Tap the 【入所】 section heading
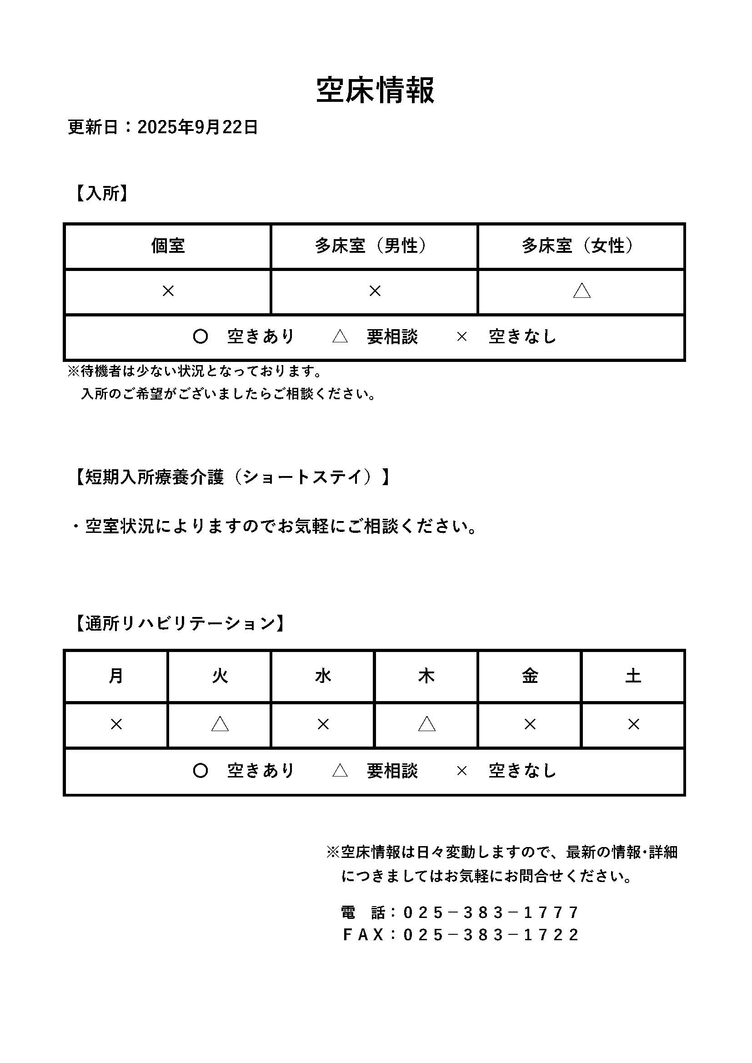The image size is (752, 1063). click(101, 193)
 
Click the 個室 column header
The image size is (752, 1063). click(168, 246)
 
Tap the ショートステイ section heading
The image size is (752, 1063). click(231, 477)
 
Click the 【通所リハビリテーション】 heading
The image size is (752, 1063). click(180, 624)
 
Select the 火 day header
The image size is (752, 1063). click(220, 677)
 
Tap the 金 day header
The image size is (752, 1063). click(530, 677)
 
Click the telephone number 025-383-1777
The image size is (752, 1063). click(491, 913)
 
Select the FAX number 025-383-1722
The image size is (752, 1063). click(491, 935)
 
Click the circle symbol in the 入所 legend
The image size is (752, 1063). click(200, 336)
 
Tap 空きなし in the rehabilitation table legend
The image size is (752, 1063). click(522, 771)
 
